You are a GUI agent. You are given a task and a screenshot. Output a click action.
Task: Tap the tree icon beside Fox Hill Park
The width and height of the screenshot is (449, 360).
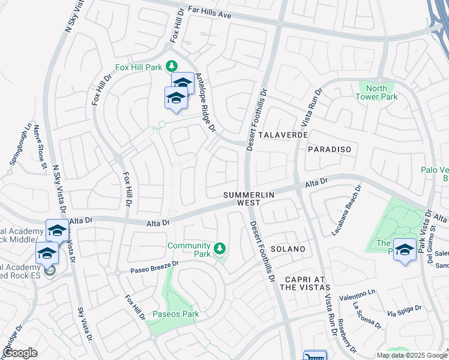172,65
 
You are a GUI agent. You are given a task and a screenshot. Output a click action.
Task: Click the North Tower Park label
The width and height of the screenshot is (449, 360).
376,92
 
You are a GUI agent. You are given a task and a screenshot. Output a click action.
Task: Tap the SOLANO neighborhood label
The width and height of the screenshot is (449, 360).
288,248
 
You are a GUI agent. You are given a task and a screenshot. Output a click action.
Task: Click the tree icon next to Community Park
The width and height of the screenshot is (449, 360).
220,247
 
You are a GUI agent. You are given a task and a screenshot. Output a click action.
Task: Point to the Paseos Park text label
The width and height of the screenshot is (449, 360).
175,314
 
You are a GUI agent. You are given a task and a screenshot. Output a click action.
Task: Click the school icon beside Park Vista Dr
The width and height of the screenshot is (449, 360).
405,249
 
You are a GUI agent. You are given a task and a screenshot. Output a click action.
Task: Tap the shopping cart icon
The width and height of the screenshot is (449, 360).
315,356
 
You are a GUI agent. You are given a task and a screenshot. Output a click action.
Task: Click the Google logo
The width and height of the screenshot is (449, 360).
20,353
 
